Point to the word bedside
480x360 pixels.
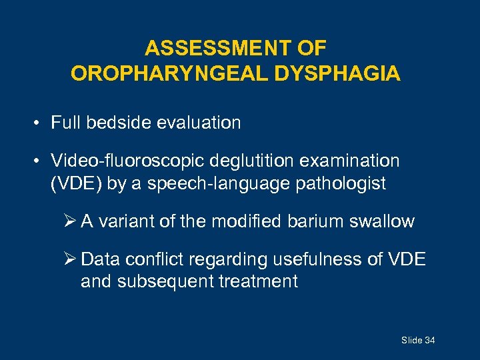115,123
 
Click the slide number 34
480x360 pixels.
429,341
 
